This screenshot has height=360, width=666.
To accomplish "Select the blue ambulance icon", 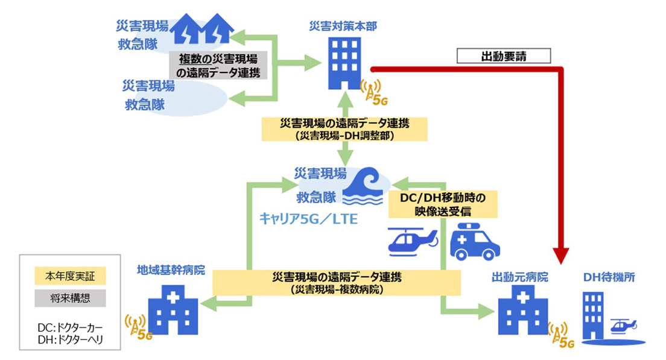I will tap(475, 242).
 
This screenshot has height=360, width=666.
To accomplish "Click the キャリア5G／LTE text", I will tap(309, 219).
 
